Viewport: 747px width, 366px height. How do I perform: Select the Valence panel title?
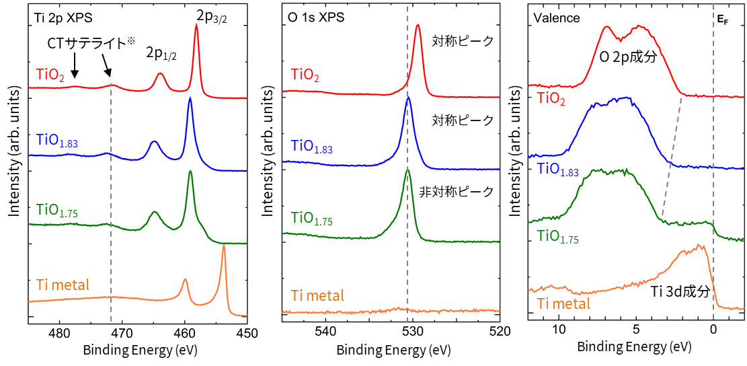pos(557,18)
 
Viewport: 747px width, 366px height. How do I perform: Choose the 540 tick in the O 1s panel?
pos(325,331)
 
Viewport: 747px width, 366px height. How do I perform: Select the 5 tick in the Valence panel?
pos(636,330)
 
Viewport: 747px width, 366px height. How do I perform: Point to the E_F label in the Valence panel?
pos(723,19)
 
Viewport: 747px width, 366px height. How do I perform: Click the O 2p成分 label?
pos(627,57)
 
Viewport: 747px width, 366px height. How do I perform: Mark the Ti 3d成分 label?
pos(680,292)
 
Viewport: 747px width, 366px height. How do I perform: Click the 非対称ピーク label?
pos(463,192)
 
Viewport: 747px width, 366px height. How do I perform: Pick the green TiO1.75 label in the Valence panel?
pos(557,237)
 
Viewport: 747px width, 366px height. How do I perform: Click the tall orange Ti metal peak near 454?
pos(224,248)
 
